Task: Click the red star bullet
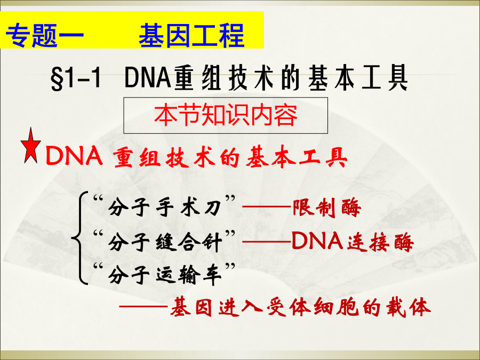point(30,147)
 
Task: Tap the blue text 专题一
point(45,35)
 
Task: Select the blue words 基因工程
point(191,35)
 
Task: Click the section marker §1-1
point(76,78)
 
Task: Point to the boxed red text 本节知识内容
point(226,115)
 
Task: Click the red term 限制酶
point(327,208)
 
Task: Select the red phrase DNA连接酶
point(353,242)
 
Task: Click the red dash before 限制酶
point(266,207)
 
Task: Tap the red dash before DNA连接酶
point(266,242)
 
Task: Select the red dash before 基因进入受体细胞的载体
point(143,306)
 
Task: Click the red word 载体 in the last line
point(409,307)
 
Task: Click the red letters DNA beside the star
point(74,156)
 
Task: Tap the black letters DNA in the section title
point(148,78)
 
